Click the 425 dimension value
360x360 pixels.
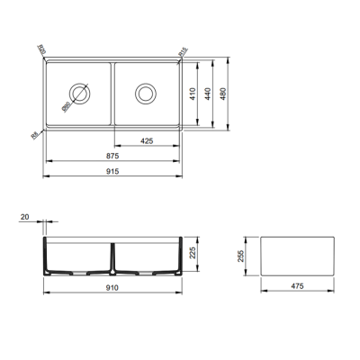pos(150,140)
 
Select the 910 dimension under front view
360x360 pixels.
pos(113,289)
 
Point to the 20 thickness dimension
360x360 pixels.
pos(23,217)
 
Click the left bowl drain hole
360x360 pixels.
pos(80,93)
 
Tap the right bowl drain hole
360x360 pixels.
pos(146,93)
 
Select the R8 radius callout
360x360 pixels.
pos(33,134)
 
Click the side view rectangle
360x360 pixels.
pos(298,256)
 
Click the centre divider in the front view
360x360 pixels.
pos(113,256)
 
